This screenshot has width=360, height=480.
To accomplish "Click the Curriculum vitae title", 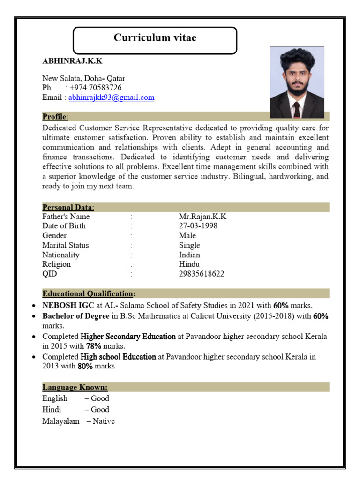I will pyautogui.click(x=155, y=38).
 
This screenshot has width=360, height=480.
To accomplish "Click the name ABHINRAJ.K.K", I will pyautogui.click(x=72, y=61).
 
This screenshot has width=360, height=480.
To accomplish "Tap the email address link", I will pyautogui.click(x=111, y=97).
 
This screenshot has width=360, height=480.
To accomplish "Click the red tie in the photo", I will pyautogui.click(x=296, y=110).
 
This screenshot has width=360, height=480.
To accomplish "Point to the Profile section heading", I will pyautogui.click(x=55, y=116).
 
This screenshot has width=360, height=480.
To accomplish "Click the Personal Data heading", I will pyautogui.click(x=68, y=207).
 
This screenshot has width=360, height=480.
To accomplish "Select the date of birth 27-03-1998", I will pyautogui.click(x=198, y=226).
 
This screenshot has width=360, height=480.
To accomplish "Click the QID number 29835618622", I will pyautogui.click(x=202, y=274).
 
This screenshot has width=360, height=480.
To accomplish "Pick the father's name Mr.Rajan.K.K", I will pyautogui.click(x=202, y=217).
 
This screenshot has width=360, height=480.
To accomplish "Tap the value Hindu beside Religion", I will pyautogui.click(x=189, y=264).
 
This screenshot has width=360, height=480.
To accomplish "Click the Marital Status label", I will pyautogui.click(x=65, y=245).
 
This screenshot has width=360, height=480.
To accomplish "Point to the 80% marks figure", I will pyautogui.click(x=85, y=366).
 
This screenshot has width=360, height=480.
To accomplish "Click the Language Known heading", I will pyautogui.click(x=75, y=387).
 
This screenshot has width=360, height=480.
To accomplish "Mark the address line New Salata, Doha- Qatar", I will pyautogui.click(x=83, y=78).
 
